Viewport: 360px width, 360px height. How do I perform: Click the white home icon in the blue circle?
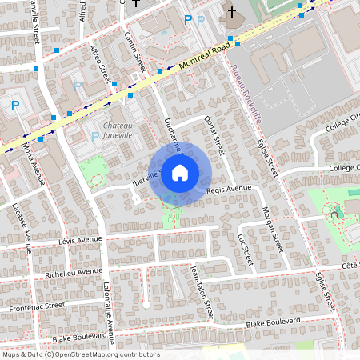point(180,172)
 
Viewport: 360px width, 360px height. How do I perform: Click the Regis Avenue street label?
point(229,189)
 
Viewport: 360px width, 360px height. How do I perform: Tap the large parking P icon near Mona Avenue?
point(14,105)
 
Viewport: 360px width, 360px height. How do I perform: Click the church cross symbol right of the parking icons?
point(232,12)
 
